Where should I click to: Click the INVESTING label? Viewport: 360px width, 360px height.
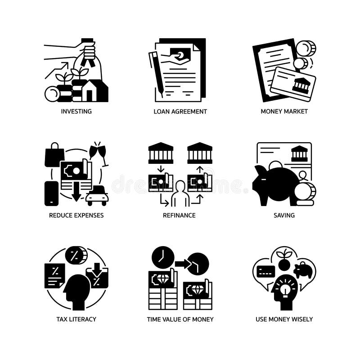coord(76,111)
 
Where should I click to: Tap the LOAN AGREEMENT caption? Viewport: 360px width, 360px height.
coord(180,111)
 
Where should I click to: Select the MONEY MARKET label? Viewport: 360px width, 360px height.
coord(284,111)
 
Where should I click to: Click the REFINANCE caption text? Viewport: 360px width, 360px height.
coord(179,215)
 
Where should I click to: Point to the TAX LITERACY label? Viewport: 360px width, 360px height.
coord(76,319)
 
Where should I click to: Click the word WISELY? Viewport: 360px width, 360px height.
coord(301,319)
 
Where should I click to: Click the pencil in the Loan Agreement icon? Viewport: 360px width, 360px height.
coord(156,72)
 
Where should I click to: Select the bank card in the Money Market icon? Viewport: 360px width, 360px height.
coord(292,84)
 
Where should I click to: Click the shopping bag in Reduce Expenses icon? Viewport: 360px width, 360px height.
coord(54,155)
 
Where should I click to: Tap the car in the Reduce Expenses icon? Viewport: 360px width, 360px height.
coord(97,196)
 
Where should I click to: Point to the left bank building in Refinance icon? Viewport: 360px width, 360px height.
coord(161,153)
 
